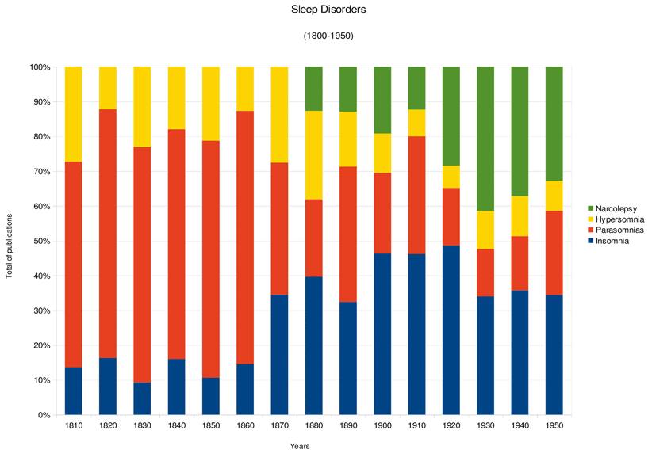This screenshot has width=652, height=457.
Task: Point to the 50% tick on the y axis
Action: [40, 241]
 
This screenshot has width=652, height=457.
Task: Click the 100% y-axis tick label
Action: [38, 67]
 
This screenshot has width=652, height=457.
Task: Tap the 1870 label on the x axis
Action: [280, 426]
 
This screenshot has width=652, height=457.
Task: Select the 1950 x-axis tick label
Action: [555, 426]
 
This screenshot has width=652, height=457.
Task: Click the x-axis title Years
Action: [300, 447]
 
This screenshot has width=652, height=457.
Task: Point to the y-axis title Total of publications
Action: [10, 241]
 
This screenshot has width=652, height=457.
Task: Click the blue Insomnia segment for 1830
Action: [143, 398]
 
